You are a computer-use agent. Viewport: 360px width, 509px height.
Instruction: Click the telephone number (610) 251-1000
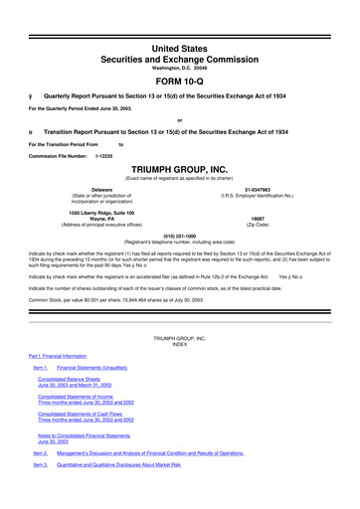[x=179, y=235]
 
